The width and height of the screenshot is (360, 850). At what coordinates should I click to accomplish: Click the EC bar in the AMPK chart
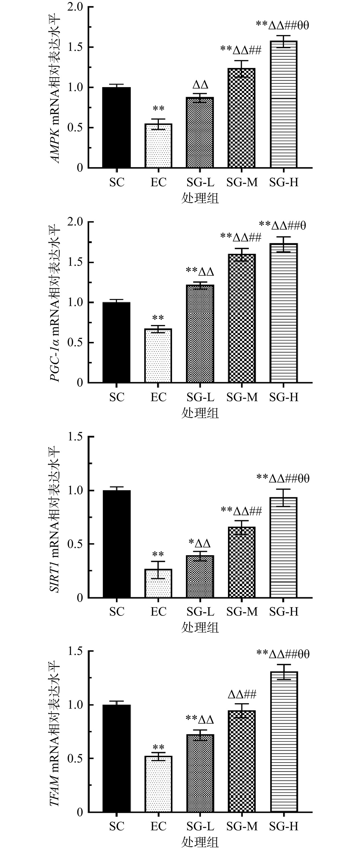coord(158,146)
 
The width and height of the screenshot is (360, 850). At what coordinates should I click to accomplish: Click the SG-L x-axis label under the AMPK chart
coord(200,182)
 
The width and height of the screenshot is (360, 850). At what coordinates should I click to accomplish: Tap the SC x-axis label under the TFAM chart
coord(117,827)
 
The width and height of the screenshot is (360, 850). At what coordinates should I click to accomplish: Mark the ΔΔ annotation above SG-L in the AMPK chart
coord(200,85)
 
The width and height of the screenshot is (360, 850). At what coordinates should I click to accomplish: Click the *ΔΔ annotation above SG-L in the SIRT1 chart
coord(200,544)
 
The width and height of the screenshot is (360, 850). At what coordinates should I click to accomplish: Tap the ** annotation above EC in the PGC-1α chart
coord(158,318)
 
